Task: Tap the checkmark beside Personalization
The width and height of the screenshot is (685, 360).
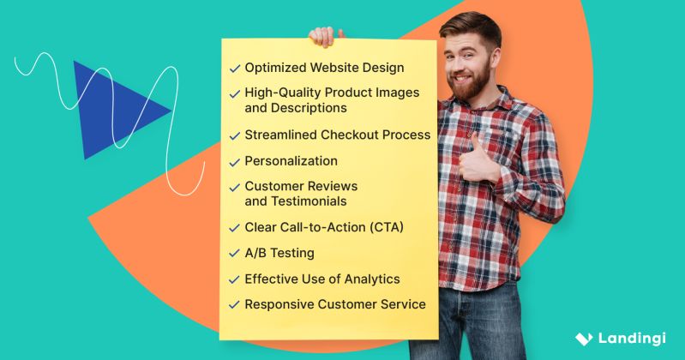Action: pyautogui.click(x=234, y=161)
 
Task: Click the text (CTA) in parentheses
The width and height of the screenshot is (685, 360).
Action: pyautogui.click(x=385, y=227)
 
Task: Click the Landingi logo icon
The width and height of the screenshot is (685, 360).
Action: pyautogui.click(x=583, y=339)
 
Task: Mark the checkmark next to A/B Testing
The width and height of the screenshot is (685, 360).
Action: pyautogui.click(x=234, y=254)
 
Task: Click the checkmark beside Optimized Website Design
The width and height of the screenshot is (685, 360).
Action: pyautogui.click(x=234, y=69)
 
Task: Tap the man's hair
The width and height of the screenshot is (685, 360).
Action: pyautogui.click(x=472, y=26)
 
